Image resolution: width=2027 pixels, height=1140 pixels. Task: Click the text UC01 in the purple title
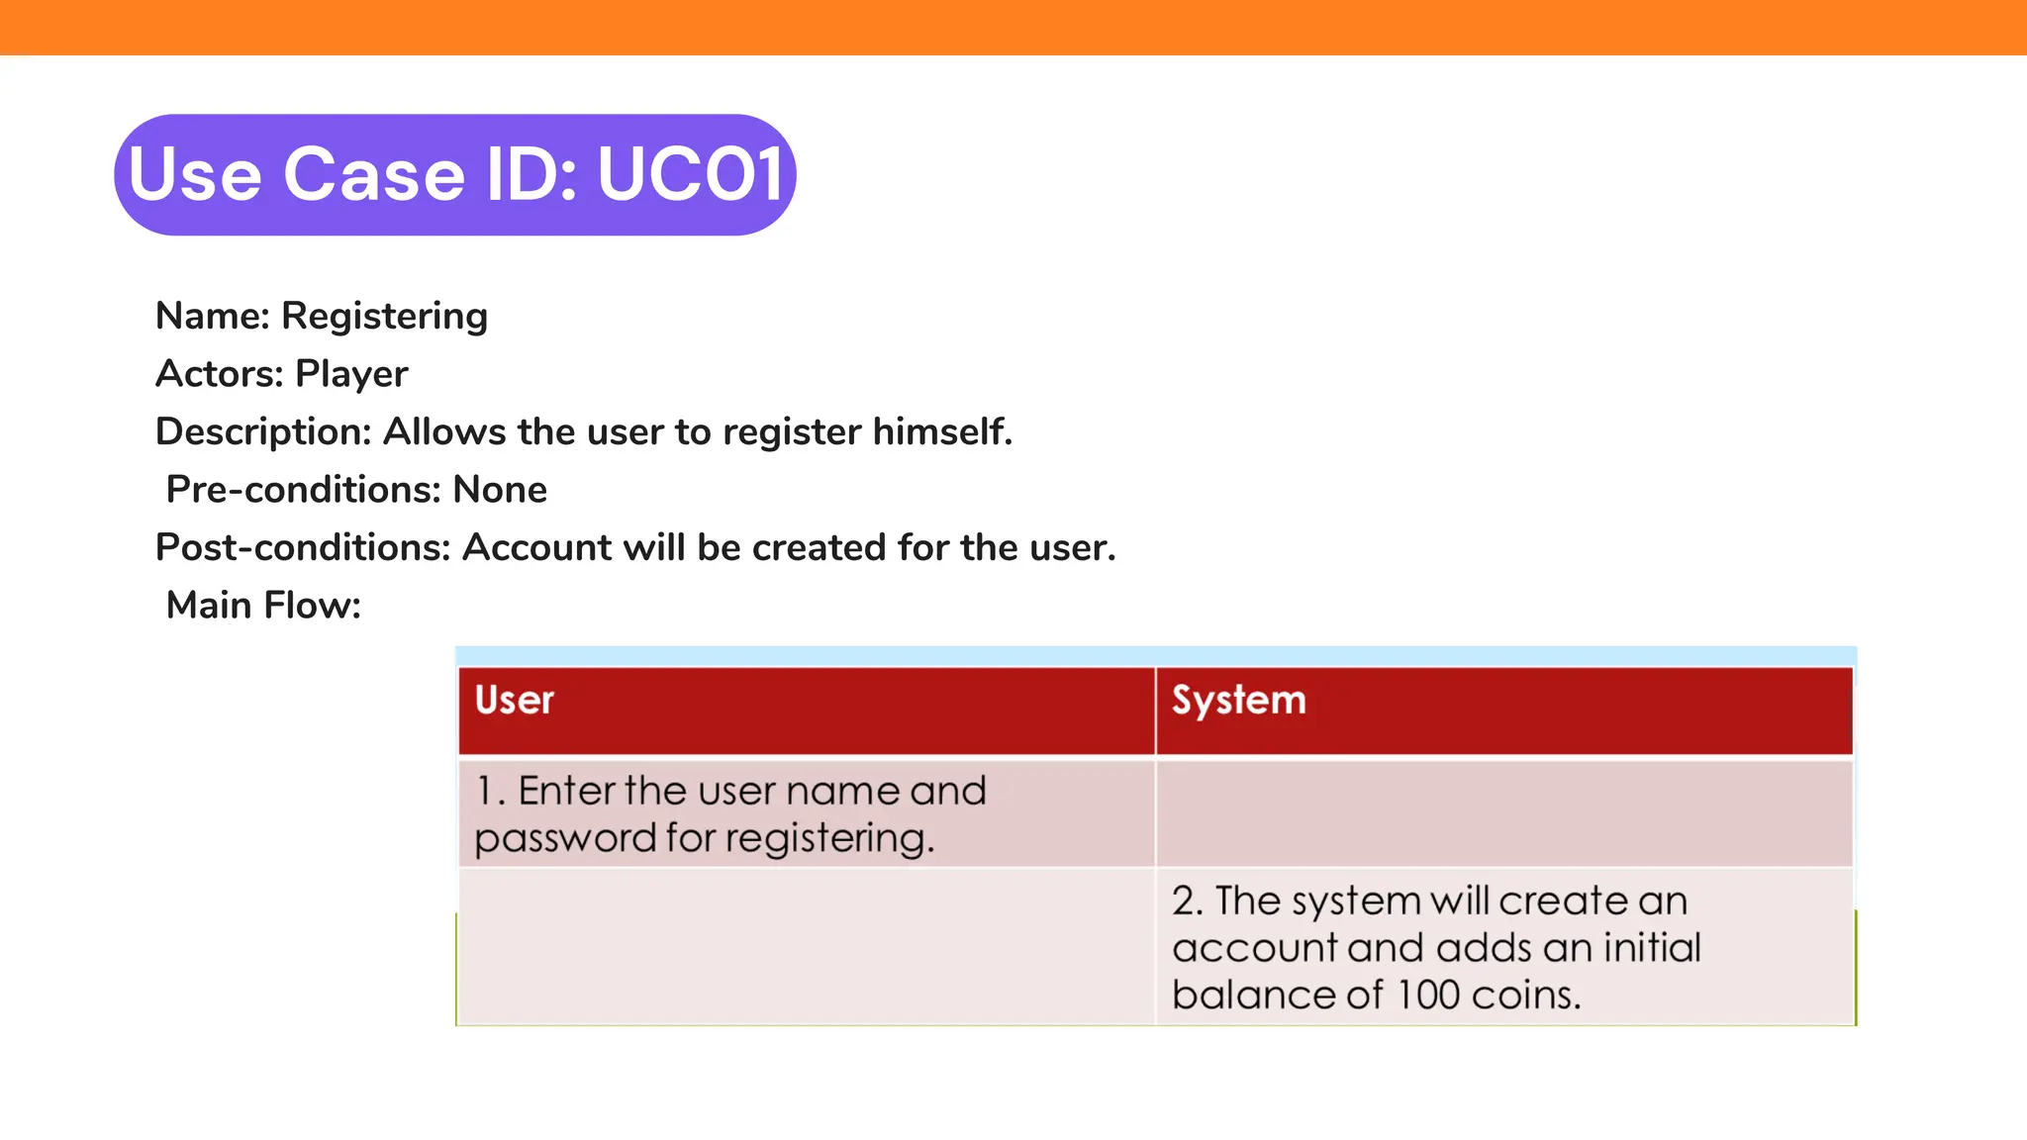691,175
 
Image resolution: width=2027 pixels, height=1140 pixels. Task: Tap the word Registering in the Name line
384,317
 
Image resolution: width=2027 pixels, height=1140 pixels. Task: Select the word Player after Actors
351,374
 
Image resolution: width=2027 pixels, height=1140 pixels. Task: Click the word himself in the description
942,432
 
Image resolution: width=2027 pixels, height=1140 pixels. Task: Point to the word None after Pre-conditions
500,490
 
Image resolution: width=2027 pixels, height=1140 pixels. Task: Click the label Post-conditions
303,547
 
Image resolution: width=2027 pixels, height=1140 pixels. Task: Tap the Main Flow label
263,606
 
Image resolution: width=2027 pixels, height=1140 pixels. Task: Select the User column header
515,701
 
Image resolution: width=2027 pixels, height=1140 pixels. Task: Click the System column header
1239,701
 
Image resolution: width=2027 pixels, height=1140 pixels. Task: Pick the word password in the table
565,839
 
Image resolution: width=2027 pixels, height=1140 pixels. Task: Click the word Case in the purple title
374,175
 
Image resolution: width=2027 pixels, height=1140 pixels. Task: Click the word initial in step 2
1652,948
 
